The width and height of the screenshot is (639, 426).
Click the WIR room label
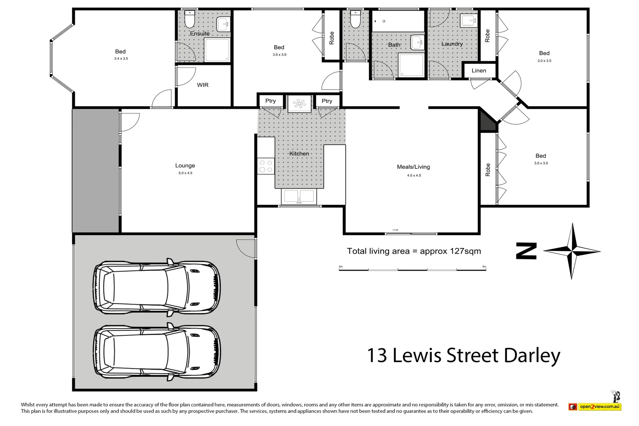203,85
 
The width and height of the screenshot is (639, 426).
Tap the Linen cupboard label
478,71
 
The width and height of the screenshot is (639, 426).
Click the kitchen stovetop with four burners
265,166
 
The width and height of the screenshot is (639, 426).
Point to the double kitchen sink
299,196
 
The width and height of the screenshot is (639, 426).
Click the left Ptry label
270,101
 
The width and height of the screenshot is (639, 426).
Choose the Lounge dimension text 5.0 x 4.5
185,173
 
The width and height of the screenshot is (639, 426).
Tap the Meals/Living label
413,167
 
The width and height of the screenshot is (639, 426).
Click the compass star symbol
572,251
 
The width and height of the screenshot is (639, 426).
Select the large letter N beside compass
527,251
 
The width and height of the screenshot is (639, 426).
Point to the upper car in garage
157,287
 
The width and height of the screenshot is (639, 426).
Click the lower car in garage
157,352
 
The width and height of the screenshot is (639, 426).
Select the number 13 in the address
377,355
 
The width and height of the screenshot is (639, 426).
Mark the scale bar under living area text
413,270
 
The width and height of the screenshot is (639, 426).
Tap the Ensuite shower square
217,50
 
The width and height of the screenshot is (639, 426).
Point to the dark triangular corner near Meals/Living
486,122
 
